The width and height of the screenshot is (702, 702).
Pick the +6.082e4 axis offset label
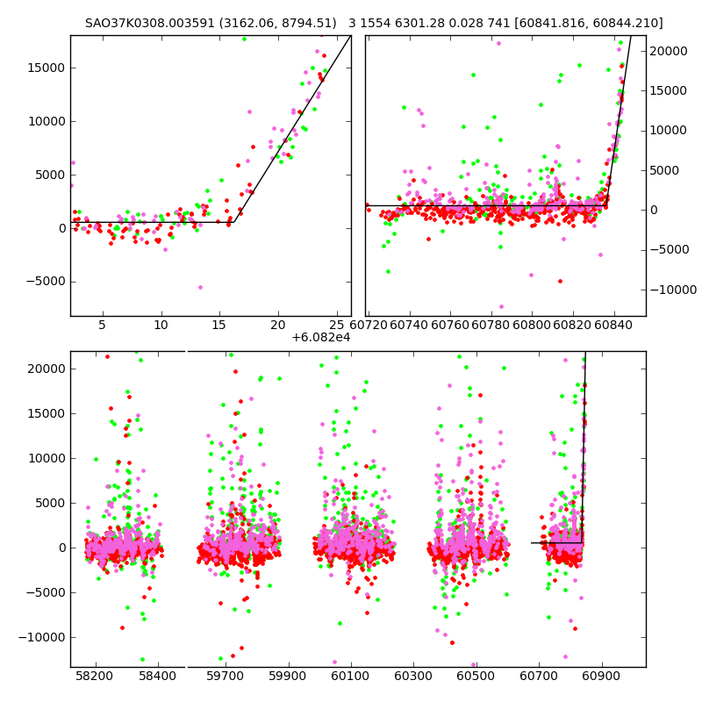(x=321, y=336)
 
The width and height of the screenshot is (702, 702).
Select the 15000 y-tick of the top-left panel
(x=44, y=68)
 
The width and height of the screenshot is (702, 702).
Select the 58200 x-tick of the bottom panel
(x=95, y=677)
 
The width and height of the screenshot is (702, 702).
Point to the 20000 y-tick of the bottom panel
(x=44, y=369)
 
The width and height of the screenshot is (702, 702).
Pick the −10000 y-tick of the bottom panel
(x=41, y=637)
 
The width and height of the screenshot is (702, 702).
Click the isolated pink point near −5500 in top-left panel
(x=200, y=287)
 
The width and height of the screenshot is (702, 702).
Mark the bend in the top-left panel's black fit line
(x=233, y=222)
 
